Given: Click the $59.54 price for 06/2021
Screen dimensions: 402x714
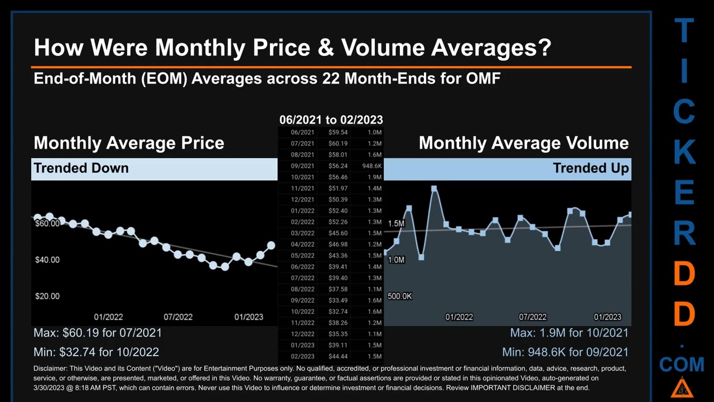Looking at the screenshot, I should pyautogui.click(x=337, y=132).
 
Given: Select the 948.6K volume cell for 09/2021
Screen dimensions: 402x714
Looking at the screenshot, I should pyautogui.click(x=372, y=166).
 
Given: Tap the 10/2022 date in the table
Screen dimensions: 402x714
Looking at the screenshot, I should pyautogui.click(x=302, y=312).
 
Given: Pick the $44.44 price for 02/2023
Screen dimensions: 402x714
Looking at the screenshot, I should pyautogui.click(x=337, y=356).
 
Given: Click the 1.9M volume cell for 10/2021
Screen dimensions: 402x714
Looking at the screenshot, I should pyautogui.click(x=374, y=177).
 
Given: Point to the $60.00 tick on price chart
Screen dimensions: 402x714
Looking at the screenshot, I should pyautogui.click(x=47, y=223).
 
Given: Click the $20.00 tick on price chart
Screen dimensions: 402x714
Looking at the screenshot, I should pyautogui.click(x=47, y=296).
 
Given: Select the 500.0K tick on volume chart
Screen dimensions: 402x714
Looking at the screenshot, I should pyautogui.click(x=399, y=296).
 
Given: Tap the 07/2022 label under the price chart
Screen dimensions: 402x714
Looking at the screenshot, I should pyautogui.click(x=178, y=317).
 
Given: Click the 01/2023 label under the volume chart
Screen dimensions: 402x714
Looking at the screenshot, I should pyautogui.click(x=607, y=317).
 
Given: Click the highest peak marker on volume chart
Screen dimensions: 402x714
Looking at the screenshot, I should pyautogui.click(x=434, y=189).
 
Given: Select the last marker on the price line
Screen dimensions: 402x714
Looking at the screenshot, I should pyautogui.click(x=271, y=245).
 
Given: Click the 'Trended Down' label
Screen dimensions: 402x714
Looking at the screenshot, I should pyautogui.click(x=81, y=168).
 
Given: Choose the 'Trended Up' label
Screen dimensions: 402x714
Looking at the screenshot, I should pyautogui.click(x=590, y=168).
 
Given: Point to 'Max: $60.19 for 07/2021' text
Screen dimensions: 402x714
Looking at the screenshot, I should pyautogui.click(x=98, y=333).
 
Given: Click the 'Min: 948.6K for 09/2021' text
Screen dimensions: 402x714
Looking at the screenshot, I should pyautogui.click(x=565, y=352).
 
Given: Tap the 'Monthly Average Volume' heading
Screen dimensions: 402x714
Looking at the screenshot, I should pyautogui.click(x=523, y=143).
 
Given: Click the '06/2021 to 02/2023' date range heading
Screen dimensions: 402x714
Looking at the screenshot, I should pyautogui.click(x=331, y=119).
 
